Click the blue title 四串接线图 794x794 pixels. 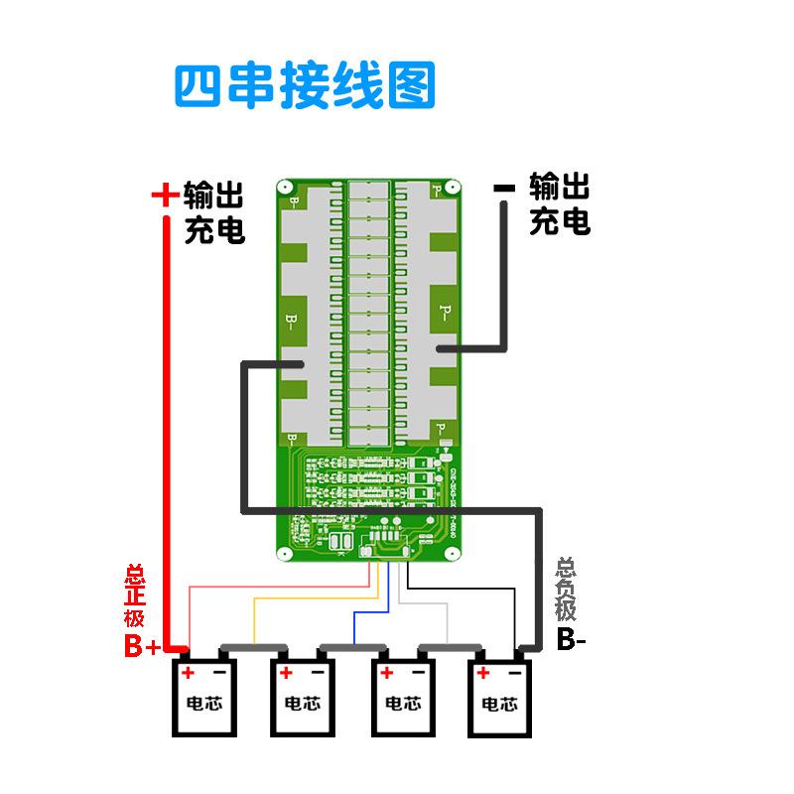[x=305, y=86]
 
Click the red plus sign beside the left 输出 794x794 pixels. [x=164, y=195]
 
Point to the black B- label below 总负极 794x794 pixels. [x=571, y=640]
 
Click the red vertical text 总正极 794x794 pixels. [x=134, y=595]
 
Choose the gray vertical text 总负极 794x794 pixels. [x=566, y=590]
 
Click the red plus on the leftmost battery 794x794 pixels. [x=187, y=673]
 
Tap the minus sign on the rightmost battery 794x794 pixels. [x=516, y=673]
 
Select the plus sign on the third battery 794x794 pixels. [x=384, y=673]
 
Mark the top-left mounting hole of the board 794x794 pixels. [x=284, y=187]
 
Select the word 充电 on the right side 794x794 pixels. [x=560, y=220]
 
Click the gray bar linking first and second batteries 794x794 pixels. [x=253, y=649]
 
